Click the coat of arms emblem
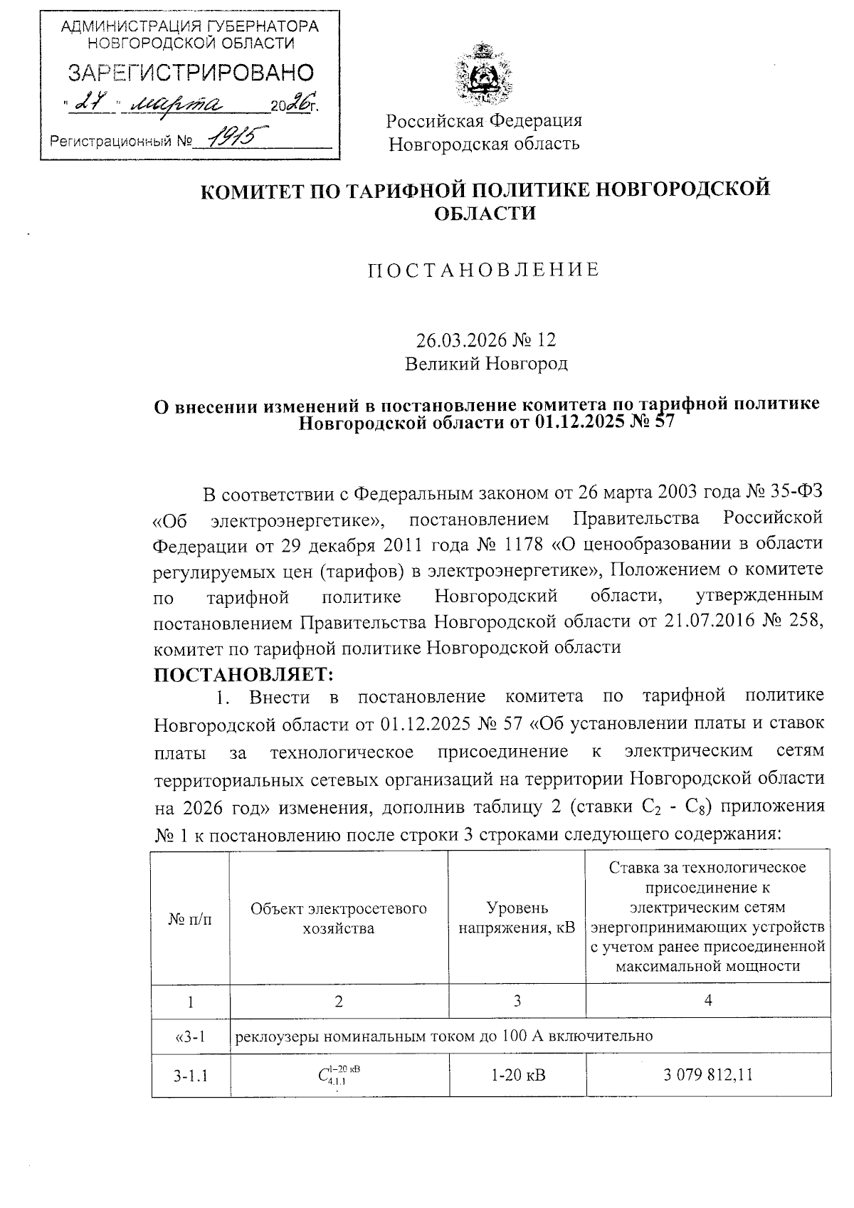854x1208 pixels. [485, 73]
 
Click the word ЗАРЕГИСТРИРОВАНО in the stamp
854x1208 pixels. [190, 73]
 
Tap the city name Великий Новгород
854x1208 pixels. [486, 364]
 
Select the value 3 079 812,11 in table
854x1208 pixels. [707, 1074]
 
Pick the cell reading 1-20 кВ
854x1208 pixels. [517, 1074]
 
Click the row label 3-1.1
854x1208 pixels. [190, 1075]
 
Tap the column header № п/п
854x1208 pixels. [190, 919]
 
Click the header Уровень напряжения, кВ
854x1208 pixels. [517, 918]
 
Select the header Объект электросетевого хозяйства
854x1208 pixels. [339, 918]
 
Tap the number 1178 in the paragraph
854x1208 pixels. [525, 545]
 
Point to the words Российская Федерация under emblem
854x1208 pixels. [484, 120]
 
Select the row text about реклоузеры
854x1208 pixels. [443, 1036]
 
